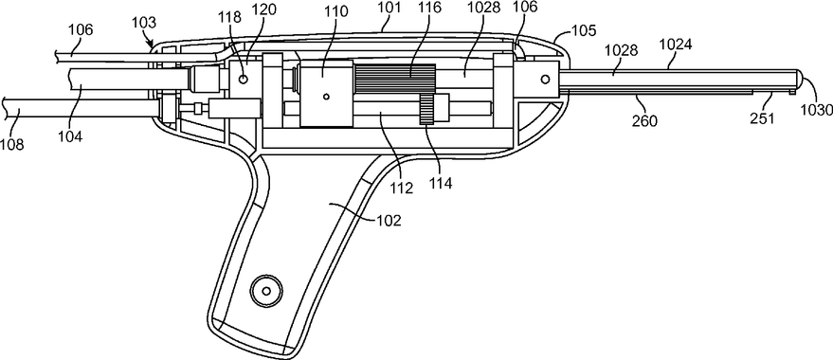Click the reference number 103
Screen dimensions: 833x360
coord(144,23)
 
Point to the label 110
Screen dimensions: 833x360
coord(337,11)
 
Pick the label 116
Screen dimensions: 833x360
coord(429,10)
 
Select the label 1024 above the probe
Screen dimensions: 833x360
coord(676,45)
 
